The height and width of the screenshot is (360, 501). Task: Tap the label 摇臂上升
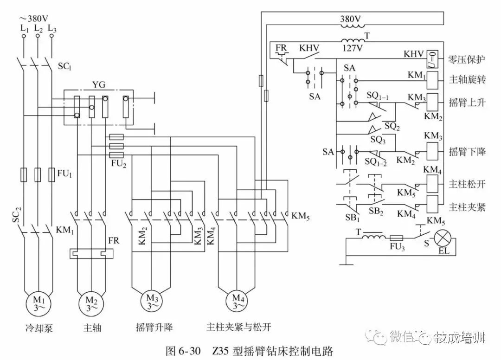coord(467,103)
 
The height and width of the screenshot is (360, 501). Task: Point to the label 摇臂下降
coord(467,152)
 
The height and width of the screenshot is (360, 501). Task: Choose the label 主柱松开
coord(467,184)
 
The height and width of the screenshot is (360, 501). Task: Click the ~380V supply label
coord(33,19)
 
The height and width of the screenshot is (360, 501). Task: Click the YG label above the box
coord(99,85)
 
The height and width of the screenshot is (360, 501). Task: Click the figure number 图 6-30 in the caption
coord(183,350)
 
